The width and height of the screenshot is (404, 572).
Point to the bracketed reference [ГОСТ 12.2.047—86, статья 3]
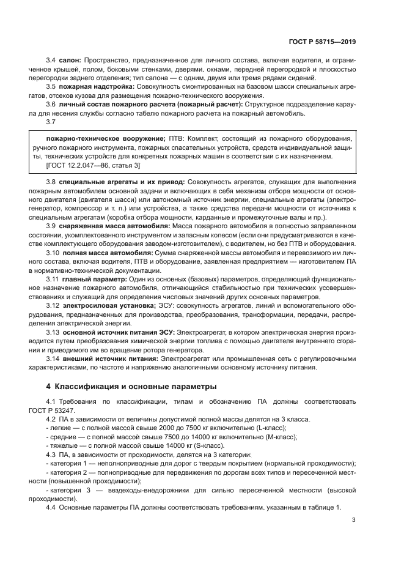pyautogui.click(x=94, y=165)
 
